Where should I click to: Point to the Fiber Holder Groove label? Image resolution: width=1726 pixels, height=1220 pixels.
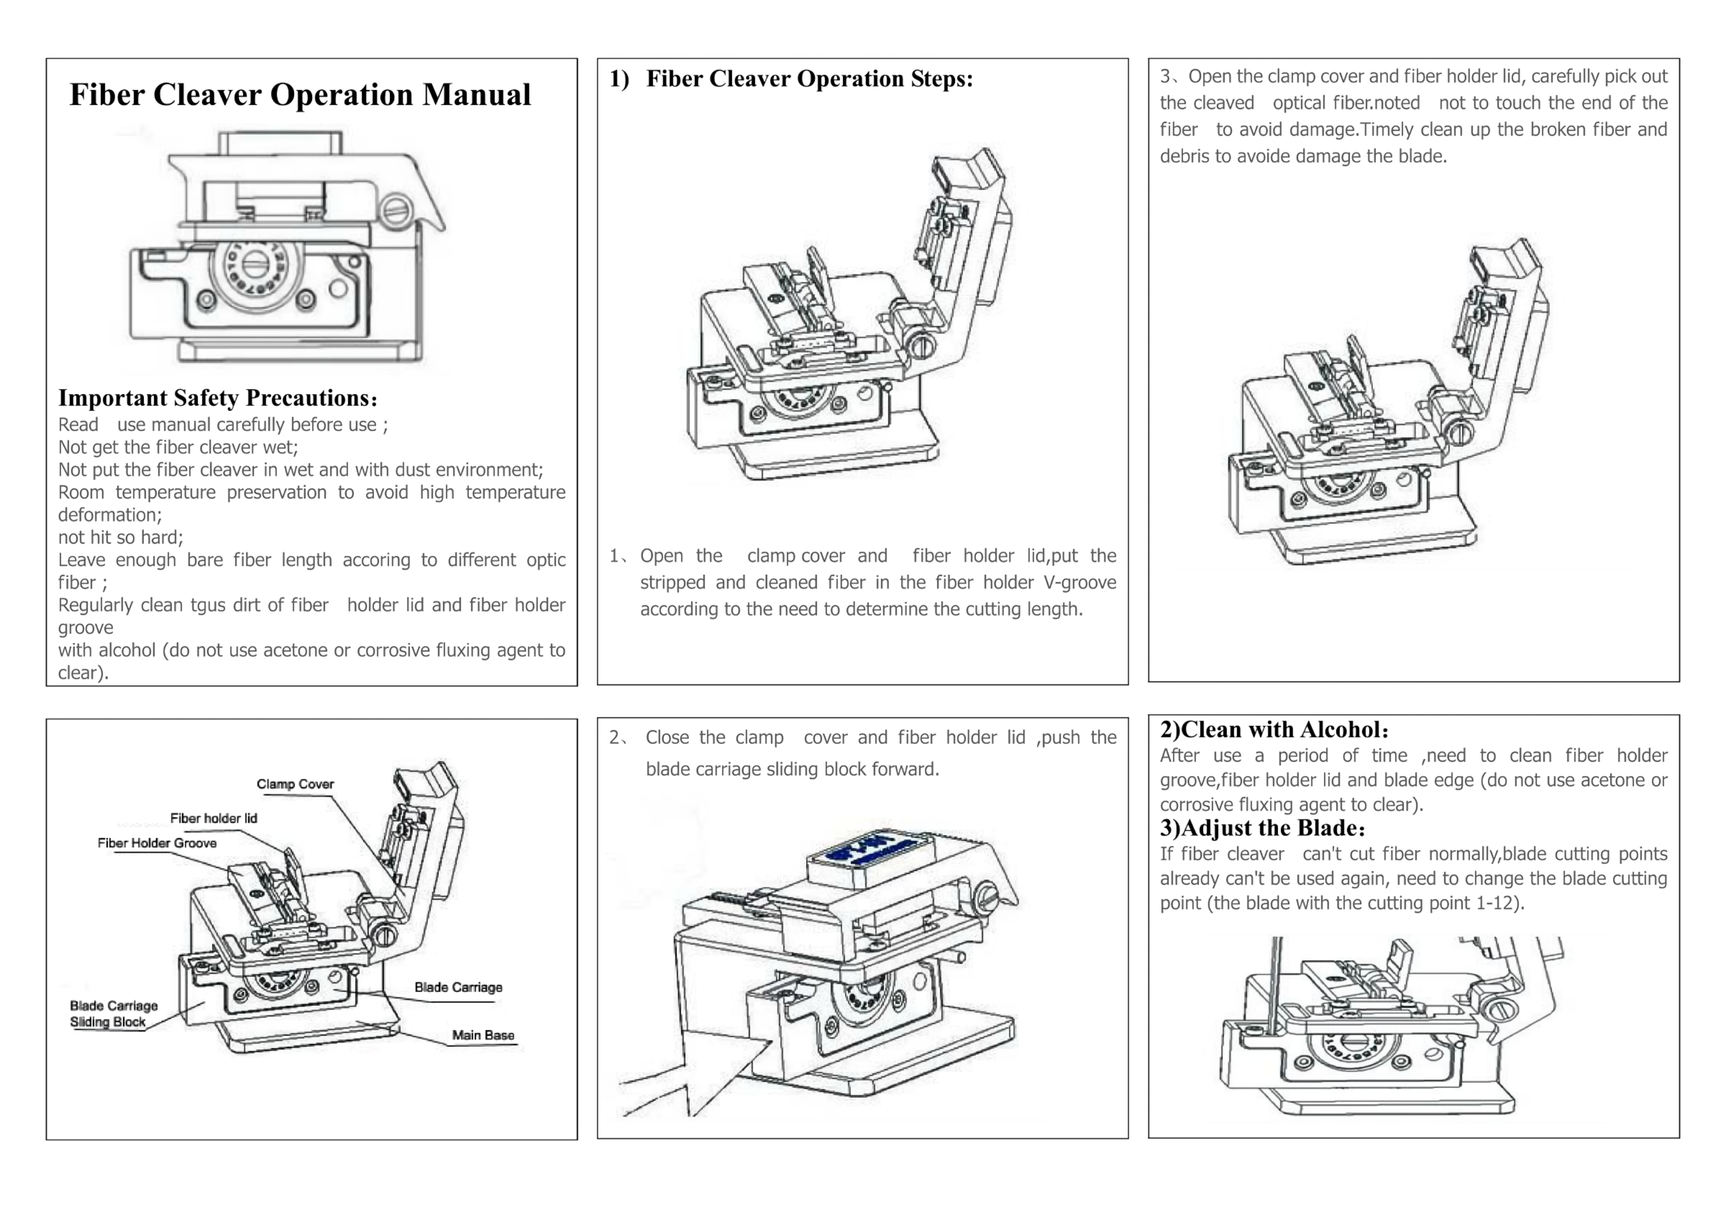click(x=157, y=843)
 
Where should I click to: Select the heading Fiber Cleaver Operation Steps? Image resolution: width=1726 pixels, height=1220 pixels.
click(x=809, y=79)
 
